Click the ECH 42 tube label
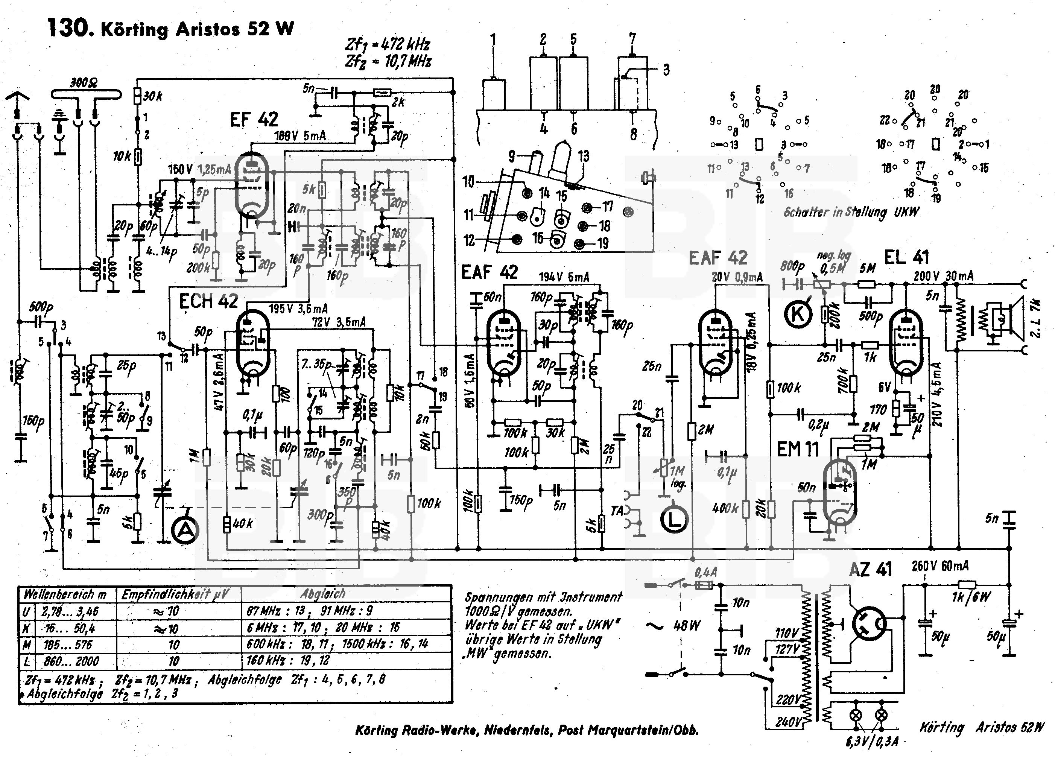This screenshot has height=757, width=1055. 208,301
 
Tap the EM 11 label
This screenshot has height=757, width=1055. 798,450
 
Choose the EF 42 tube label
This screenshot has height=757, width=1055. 254,120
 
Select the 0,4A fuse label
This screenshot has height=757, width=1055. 705,572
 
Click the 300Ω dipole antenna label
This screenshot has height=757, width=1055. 84,83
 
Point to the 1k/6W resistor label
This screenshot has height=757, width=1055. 971,596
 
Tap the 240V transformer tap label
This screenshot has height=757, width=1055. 788,722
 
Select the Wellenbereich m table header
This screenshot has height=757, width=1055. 65,594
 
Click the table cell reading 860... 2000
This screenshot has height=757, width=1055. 71,661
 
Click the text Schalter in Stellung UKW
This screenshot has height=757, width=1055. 851,212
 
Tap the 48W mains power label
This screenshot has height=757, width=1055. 687,625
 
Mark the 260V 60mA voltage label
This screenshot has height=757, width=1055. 939,566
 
